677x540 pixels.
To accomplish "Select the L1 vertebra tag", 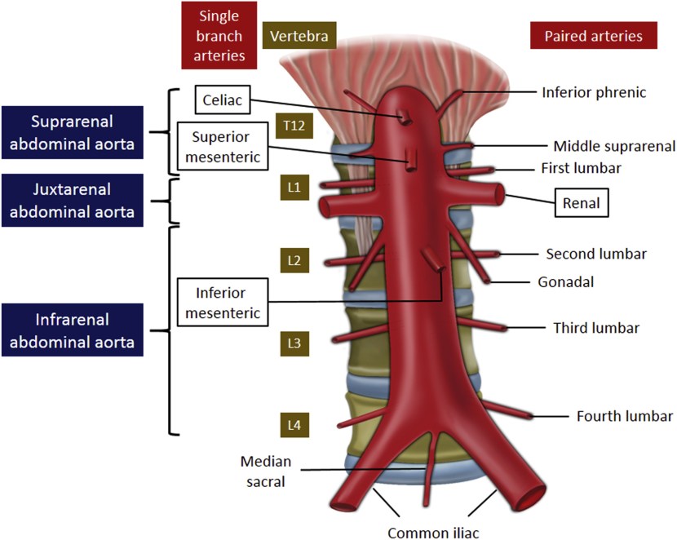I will point(294,188).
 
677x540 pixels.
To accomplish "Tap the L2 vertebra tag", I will point(294,261).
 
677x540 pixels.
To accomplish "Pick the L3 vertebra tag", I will point(294,343).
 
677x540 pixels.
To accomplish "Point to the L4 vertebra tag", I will point(294,424).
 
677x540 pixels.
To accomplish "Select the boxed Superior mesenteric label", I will point(221,147).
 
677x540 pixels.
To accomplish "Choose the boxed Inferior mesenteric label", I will point(220,302).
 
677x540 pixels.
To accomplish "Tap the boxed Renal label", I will point(582,204).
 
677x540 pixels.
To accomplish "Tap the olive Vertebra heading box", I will point(299,37).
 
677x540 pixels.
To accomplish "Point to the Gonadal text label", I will point(565,282).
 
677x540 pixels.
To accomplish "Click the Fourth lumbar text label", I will point(625,416).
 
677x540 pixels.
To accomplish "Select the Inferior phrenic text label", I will point(594,92).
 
